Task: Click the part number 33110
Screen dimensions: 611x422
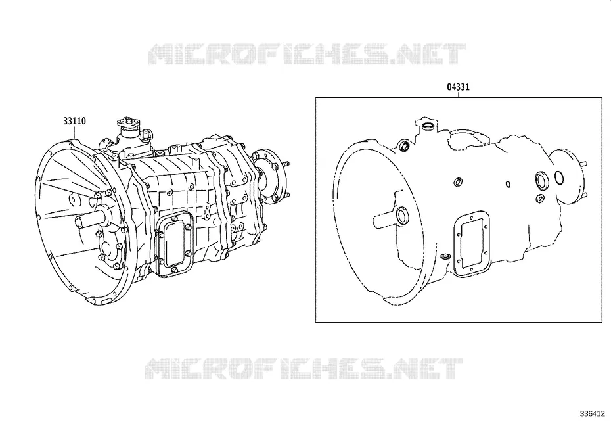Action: click(74, 121)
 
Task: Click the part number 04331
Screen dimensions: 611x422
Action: click(459, 87)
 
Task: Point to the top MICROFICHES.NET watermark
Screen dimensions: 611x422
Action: click(307, 54)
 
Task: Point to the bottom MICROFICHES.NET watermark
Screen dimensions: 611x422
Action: click(304, 369)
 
